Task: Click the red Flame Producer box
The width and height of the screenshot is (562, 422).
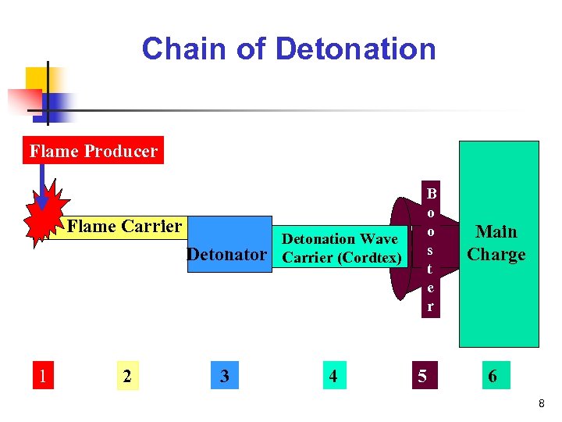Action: coord(93,151)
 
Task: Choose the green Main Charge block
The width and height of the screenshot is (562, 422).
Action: coord(498,243)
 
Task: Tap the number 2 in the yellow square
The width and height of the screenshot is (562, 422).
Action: coord(127,376)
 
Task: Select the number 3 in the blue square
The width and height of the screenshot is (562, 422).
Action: coord(225,376)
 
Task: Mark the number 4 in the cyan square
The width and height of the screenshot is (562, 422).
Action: coord(333,376)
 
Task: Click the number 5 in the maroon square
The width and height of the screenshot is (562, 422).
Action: coord(422,376)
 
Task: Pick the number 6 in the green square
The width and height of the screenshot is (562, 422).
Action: coord(493,376)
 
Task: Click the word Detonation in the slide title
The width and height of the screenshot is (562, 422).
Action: coord(356,49)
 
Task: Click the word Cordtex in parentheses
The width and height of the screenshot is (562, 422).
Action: coord(371,258)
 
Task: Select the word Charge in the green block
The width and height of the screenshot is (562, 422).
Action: coord(496,254)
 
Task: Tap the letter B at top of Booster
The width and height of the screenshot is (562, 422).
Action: coord(430,192)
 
